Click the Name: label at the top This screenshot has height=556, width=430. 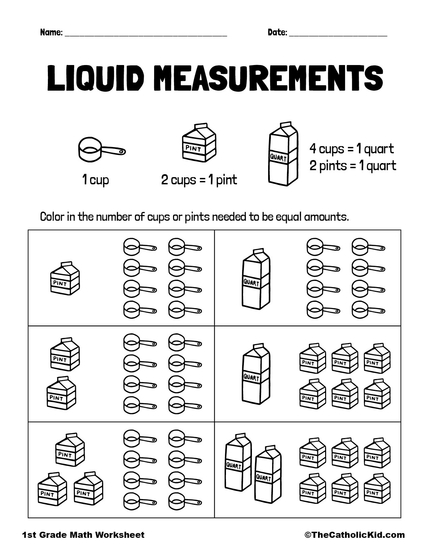[51, 33]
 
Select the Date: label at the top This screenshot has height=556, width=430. [277, 33]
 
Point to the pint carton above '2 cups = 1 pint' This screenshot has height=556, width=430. [199, 143]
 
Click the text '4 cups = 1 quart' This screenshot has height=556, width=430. [351, 149]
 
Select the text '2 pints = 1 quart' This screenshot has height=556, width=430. [353, 166]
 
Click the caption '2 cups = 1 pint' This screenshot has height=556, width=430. [199, 180]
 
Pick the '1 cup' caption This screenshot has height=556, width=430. [96, 180]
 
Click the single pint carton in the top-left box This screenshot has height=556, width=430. [65, 278]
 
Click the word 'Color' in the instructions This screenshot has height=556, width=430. [52, 217]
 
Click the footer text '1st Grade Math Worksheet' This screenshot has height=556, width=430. [83, 535]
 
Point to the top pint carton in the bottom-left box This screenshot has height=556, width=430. [70, 450]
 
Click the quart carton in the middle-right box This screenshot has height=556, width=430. [256, 374]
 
